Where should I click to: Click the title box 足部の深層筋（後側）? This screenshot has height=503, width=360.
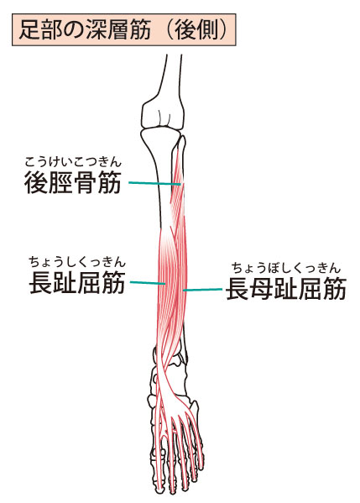pos(123,29)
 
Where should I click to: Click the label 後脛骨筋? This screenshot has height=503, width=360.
pos(73,182)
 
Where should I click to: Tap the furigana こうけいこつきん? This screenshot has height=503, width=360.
pos(73,162)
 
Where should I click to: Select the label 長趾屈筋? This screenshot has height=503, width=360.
pos(77,283)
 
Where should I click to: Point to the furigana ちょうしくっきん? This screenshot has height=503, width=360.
pos(77,262)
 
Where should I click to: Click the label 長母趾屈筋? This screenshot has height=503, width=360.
pos(286,289)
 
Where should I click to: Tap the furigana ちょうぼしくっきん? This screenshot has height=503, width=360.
pos(286,268)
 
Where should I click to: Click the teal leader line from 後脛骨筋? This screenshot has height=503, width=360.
pos(154,183)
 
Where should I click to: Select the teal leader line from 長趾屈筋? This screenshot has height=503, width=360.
pos(148,283)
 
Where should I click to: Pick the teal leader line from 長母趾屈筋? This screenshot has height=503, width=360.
pos(202,290)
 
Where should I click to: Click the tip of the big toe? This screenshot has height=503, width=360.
pos(159,490)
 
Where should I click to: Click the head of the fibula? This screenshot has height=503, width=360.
pos(182,142)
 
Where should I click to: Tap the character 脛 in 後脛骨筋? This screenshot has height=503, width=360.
pos(61,182)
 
